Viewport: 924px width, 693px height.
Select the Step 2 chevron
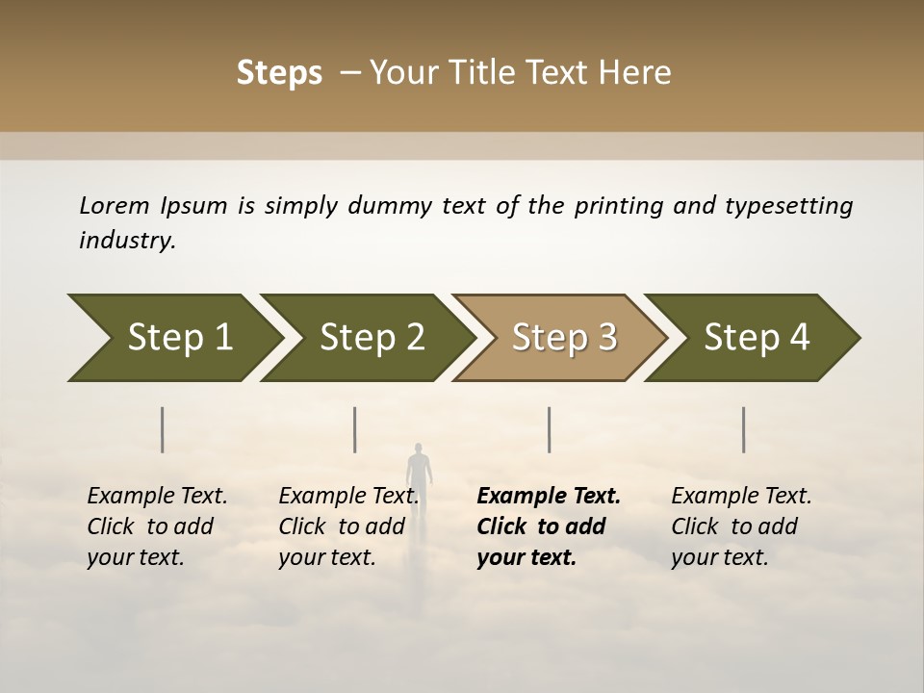coord(372,338)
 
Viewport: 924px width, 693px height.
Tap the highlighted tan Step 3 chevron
coord(564,338)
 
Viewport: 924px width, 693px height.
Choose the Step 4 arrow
coord(757,338)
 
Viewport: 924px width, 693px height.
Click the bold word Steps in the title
coord(279,73)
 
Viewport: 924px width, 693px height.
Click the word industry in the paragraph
coord(126,241)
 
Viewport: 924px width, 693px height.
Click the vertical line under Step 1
coord(163,429)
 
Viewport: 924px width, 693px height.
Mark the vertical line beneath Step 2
coord(355,429)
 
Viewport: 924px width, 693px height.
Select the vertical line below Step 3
coord(549,429)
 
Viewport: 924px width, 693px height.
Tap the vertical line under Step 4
coord(744,429)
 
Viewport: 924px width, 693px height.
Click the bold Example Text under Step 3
coord(549,497)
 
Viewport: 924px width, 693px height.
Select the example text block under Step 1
coord(157,526)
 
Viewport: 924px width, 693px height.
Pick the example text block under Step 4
coord(741,526)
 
